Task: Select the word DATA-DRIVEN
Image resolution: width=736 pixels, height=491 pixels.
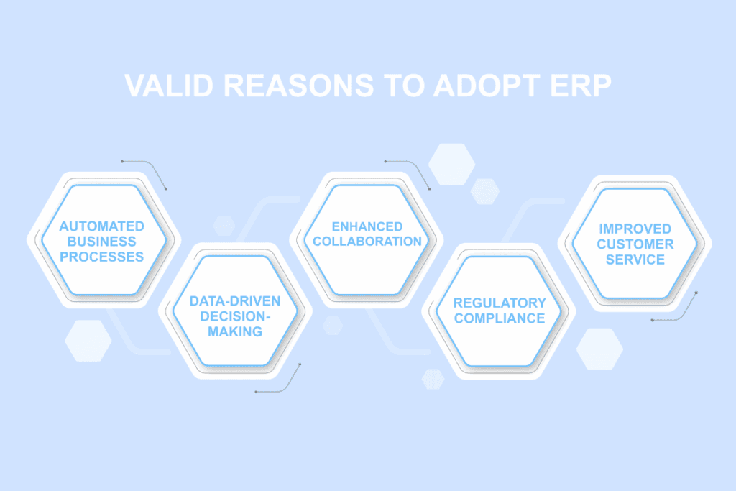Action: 235,301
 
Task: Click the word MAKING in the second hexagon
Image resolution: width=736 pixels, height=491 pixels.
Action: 235,331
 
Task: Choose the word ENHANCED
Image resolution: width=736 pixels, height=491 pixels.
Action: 367,226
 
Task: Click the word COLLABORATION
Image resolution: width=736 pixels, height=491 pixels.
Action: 367,241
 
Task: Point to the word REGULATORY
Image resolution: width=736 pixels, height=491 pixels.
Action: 500,303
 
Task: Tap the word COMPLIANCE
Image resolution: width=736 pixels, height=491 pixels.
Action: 500,318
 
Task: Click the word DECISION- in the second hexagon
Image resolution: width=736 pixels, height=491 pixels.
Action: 235,316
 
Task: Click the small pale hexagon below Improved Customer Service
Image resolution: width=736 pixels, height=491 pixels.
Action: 599,349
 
